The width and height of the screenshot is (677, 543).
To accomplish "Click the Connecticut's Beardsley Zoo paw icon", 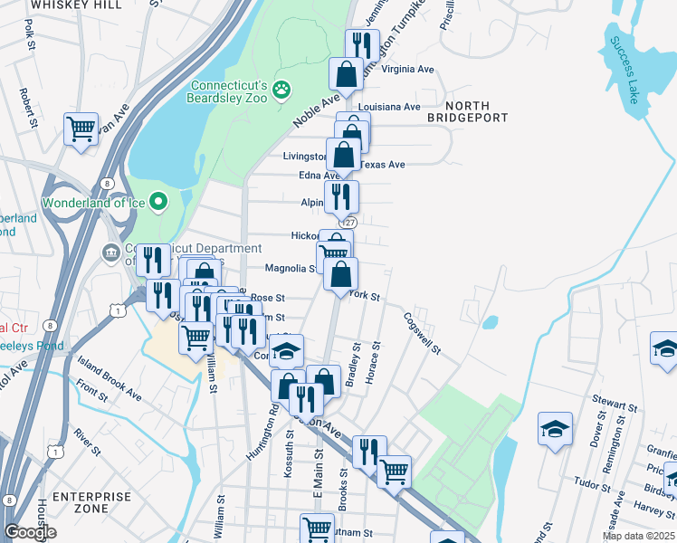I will (282, 89).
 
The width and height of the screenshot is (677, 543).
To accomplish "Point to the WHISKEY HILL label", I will (63, 5).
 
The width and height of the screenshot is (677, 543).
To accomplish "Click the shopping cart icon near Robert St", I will (81, 129).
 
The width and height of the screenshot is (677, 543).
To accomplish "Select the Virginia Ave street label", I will (408, 69).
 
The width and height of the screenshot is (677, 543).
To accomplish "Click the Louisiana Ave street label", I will (389, 107).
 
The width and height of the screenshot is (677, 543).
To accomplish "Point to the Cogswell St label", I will (423, 334).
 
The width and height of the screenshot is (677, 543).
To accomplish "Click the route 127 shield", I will (350, 223).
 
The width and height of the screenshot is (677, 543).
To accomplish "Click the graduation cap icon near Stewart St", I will (555, 427).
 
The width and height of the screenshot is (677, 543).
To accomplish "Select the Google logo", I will (30, 532).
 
